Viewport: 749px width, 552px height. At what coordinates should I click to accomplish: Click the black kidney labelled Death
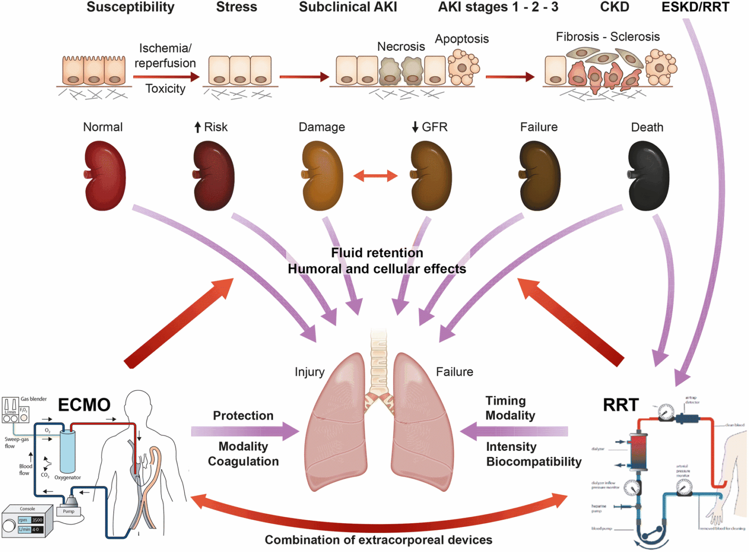click(648, 176)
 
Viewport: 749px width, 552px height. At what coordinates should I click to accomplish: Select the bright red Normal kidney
click(105, 176)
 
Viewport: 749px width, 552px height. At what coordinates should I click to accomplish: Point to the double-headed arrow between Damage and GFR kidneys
click(375, 176)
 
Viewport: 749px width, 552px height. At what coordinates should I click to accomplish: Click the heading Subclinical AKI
click(348, 7)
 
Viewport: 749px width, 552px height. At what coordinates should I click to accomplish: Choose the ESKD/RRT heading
click(695, 7)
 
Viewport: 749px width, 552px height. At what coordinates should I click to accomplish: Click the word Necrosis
click(401, 46)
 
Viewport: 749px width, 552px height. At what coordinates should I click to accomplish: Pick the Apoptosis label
click(462, 39)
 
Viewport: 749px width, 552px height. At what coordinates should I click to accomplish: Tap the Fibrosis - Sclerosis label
click(608, 37)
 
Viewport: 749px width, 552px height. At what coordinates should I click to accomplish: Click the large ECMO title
click(84, 405)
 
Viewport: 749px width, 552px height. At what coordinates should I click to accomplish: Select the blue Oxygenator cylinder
click(67, 452)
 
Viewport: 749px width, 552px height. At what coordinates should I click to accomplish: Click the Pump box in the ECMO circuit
click(69, 511)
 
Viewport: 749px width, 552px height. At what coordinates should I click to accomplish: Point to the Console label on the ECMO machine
click(27, 509)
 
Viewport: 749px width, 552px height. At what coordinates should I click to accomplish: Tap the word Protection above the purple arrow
click(243, 415)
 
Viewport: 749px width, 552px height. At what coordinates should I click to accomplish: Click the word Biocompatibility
click(534, 461)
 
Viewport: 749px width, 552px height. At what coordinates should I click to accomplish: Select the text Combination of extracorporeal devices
click(378, 540)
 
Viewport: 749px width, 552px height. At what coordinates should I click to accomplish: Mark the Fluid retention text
click(377, 253)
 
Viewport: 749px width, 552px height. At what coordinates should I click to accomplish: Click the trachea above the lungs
click(378, 361)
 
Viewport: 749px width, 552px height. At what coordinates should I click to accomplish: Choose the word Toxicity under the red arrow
click(165, 88)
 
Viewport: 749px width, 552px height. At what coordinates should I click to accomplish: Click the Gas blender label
click(34, 399)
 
